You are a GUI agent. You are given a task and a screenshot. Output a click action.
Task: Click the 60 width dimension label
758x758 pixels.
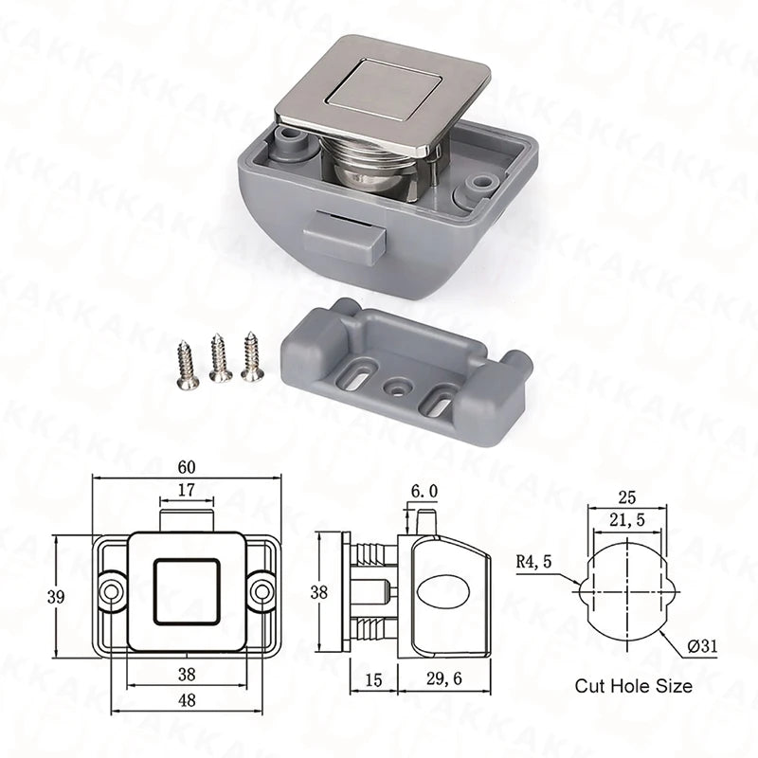[187, 467]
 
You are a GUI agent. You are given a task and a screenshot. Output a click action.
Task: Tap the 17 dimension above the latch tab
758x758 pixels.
[186, 490]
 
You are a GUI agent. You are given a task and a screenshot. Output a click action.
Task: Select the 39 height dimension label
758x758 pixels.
[56, 597]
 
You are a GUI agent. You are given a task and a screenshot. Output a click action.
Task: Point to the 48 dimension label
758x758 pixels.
[187, 699]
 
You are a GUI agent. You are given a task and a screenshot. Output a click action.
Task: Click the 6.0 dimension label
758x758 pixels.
[424, 491]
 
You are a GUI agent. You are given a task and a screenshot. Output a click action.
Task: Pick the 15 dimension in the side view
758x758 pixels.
[373, 680]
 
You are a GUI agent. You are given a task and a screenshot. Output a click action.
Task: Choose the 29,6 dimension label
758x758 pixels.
[444, 678]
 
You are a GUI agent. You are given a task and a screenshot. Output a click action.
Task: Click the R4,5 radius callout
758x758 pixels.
[533, 562]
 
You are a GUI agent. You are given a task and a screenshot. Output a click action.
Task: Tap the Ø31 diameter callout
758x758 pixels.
[702, 646]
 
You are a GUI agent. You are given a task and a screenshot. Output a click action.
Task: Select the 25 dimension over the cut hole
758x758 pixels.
[626, 496]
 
